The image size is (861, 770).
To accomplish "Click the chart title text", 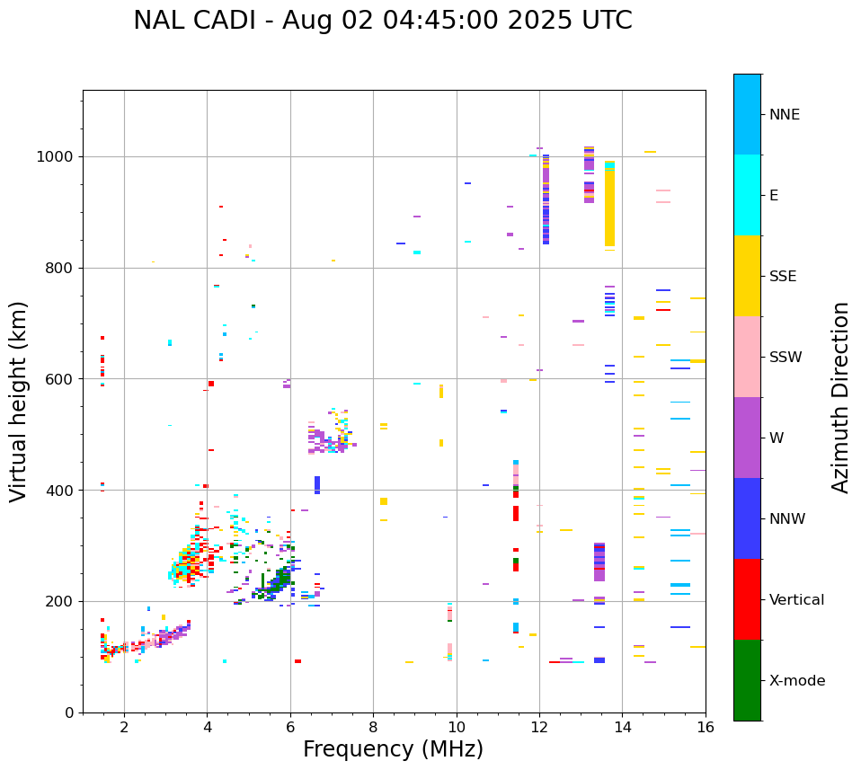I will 382,21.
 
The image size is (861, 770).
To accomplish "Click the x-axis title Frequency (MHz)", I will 393,749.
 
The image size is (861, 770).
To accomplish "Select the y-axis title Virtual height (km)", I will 19,401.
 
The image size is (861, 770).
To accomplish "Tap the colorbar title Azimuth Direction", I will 840,397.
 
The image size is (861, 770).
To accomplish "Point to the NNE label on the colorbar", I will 784,115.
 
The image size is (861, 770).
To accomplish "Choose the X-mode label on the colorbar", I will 796,681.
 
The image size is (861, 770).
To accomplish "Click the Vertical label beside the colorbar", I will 796,600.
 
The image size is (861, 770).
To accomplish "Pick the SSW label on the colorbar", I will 786,358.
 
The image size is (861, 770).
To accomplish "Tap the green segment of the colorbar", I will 747,680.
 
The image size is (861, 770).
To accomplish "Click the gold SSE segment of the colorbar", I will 747,276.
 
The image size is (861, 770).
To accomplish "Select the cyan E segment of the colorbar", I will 747,195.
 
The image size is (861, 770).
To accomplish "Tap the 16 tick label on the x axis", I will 706,727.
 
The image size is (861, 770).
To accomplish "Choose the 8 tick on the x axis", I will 373,727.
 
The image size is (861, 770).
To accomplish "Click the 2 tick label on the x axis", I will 124,727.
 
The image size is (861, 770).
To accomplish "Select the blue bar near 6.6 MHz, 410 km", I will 316,484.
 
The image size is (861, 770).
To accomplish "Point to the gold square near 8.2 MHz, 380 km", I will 384,501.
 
